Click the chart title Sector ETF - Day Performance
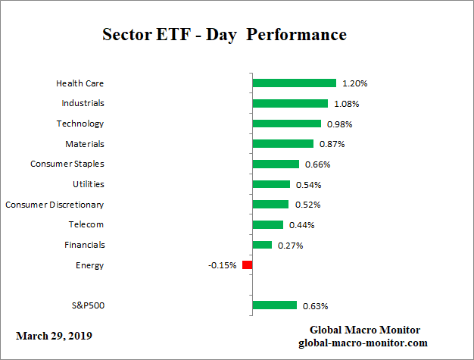point(224,35)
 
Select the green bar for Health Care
point(294,83)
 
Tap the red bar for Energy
point(247,265)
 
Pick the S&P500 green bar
point(274,305)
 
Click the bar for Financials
point(262,245)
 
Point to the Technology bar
point(286,124)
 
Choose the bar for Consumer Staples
point(276,164)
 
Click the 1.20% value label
point(354,83)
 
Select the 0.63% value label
point(315,306)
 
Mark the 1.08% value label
point(346,103)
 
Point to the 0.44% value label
point(301,225)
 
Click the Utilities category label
point(88,184)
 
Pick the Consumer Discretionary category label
point(55,205)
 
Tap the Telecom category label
point(87,224)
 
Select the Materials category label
point(85,143)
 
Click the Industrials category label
point(83,103)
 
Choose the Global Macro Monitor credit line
point(365,330)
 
